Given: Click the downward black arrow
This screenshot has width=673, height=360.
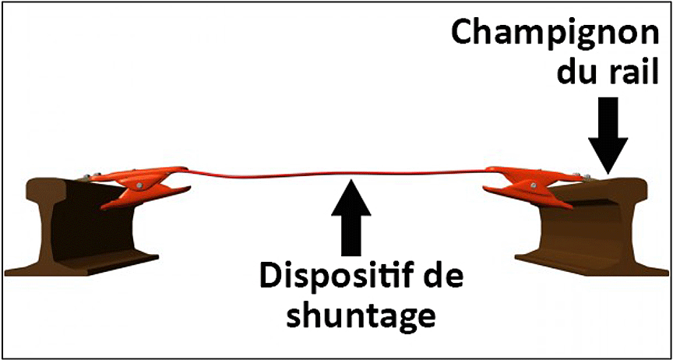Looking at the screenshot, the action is [608, 136].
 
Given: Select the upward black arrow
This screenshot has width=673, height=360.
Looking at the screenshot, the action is [351, 217].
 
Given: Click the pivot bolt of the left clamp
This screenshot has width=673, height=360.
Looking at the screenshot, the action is [140, 185].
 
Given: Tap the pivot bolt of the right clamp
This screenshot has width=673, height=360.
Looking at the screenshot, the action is [533, 185].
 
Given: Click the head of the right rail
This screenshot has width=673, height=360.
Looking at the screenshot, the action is [601, 188].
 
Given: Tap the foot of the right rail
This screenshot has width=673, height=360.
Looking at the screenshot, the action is [592, 264].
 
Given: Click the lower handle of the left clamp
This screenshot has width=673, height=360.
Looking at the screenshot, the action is [146, 197].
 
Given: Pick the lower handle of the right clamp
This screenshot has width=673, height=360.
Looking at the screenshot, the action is [527, 197].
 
